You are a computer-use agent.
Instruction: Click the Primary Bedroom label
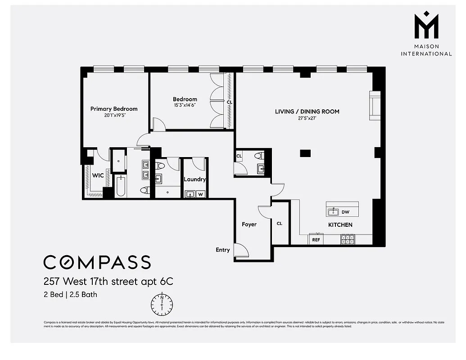tap(113, 109)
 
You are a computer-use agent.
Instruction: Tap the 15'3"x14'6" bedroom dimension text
tap(185, 105)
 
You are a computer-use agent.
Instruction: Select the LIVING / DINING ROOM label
tap(307, 112)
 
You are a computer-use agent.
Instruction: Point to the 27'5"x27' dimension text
tap(307, 118)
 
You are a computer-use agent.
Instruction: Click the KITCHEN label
tap(340, 225)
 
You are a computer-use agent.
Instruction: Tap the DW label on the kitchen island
tap(345, 212)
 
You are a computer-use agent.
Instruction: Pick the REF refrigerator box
tap(316, 240)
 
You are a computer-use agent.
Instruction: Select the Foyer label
tap(249, 224)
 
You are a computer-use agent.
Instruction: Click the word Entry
tap(222, 250)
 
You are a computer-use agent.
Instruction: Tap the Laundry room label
tap(195, 179)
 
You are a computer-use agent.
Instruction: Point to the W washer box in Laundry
tap(201, 194)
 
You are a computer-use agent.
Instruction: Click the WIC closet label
tap(98, 175)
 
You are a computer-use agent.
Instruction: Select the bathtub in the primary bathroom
tap(120, 187)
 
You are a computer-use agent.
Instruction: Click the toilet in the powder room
tap(258, 156)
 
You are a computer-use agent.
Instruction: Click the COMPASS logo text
tap(97, 262)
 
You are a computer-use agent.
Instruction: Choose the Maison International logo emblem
tap(426, 27)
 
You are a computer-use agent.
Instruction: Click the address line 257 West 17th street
tap(108, 282)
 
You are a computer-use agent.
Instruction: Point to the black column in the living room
tap(305, 153)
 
